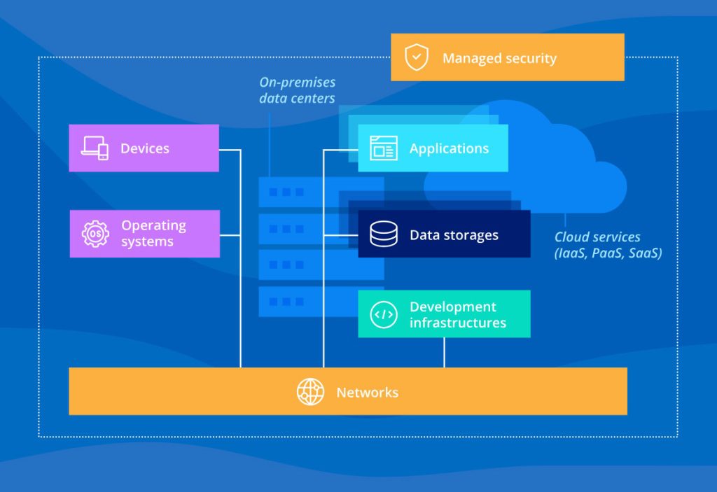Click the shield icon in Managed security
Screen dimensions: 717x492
pos(417,57)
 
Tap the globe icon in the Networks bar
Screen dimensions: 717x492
pos(310,392)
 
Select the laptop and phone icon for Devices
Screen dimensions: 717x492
pos(95,148)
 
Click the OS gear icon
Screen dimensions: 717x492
pos(95,234)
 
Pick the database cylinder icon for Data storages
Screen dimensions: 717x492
pos(384,234)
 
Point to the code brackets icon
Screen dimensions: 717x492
pos(384,315)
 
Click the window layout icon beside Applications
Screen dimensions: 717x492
pos(384,148)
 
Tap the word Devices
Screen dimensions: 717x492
pos(145,148)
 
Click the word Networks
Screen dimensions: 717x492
pos(368,393)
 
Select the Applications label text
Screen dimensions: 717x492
pos(449,148)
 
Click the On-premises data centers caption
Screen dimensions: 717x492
pos(297,90)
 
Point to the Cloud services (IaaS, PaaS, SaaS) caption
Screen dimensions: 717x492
pos(608,245)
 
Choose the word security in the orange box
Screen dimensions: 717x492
pos(531,59)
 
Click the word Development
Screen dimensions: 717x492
pos(453,307)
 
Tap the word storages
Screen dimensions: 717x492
pos(471,235)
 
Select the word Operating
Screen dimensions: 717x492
pos(153,226)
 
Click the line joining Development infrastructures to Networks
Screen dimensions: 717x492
pos(444,353)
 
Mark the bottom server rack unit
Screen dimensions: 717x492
pos(321,302)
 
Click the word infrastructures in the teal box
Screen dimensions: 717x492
pos(458,323)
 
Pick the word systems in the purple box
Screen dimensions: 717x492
pos(147,242)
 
